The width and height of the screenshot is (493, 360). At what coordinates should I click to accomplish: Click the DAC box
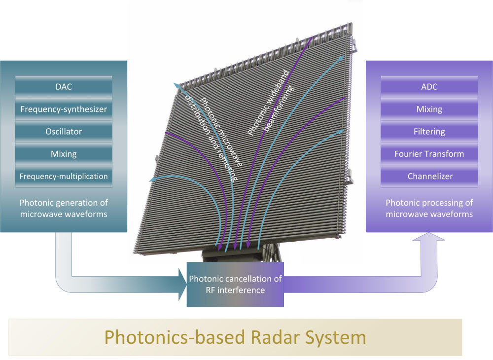(x=64, y=87)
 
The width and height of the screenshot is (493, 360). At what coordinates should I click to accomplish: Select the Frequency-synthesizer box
(x=64, y=109)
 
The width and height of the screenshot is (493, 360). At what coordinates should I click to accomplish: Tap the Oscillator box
(x=64, y=132)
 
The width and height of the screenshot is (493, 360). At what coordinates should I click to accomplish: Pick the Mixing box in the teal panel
(x=64, y=154)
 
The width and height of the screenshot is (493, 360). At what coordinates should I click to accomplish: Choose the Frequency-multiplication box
(x=64, y=176)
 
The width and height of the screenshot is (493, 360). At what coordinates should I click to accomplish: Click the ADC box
(x=429, y=87)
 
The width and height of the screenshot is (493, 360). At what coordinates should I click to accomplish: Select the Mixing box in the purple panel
(x=429, y=109)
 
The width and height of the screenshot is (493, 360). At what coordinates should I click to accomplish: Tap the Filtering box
(x=429, y=132)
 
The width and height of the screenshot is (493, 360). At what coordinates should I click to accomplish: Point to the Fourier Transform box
(x=429, y=154)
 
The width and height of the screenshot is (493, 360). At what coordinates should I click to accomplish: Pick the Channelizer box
(x=429, y=176)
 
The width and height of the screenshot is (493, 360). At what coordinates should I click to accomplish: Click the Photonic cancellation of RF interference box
(x=235, y=285)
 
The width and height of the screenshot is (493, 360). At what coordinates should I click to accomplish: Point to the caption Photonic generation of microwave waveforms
(x=64, y=209)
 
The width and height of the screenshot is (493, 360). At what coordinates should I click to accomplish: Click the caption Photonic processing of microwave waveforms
(x=429, y=209)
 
